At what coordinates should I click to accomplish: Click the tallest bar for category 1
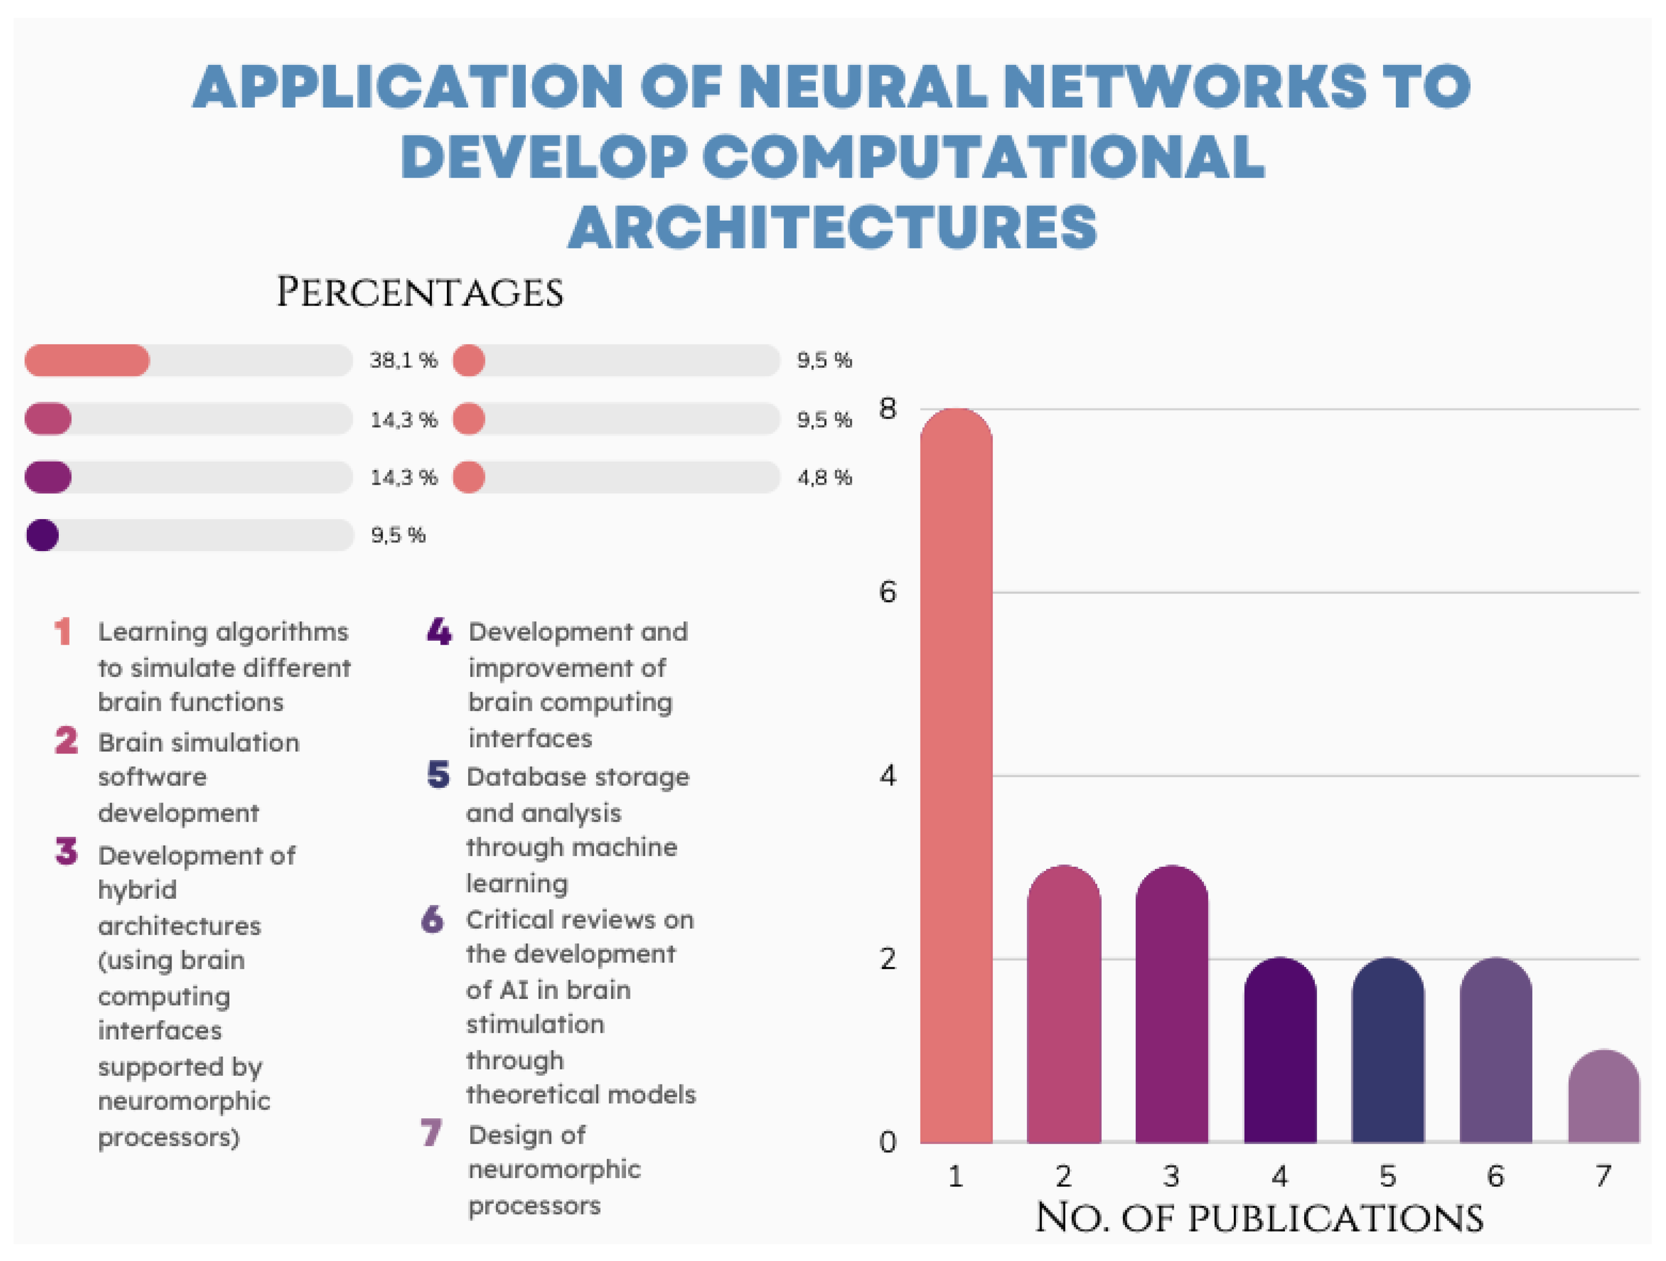coord(956,776)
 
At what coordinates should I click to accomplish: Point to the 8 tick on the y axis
coord(888,409)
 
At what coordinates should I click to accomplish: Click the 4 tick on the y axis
coord(888,776)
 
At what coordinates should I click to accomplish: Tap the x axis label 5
coord(1387,1176)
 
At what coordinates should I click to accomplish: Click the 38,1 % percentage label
coord(403,360)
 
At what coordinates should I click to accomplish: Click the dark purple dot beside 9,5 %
coord(42,535)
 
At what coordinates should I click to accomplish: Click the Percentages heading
coord(420,292)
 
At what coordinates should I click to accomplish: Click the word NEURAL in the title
coord(862,87)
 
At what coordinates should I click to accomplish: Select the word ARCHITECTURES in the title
coord(832,227)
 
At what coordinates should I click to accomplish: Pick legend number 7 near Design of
coord(431,1132)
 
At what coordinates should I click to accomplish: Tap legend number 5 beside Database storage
coord(438,775)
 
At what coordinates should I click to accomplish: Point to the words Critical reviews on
coord(579,920)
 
